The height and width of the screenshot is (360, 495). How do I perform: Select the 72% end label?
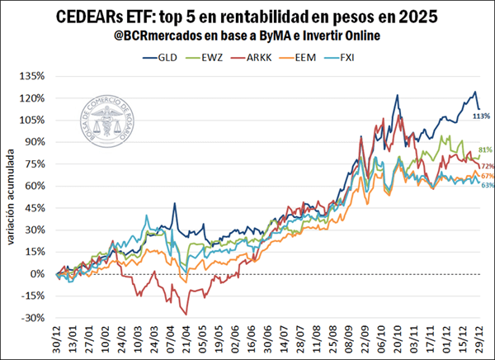tap(487, 166)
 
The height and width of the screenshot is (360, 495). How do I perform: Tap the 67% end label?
tap(487, 176)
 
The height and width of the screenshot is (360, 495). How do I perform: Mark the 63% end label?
tap(487, 186)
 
